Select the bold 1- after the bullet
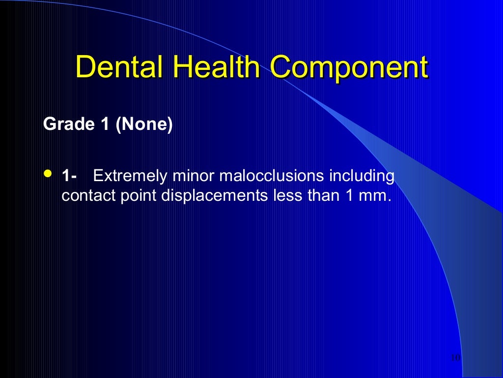[x=69, y=176]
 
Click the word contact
[x=86, y=196]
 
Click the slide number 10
[x=455, y=357]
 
